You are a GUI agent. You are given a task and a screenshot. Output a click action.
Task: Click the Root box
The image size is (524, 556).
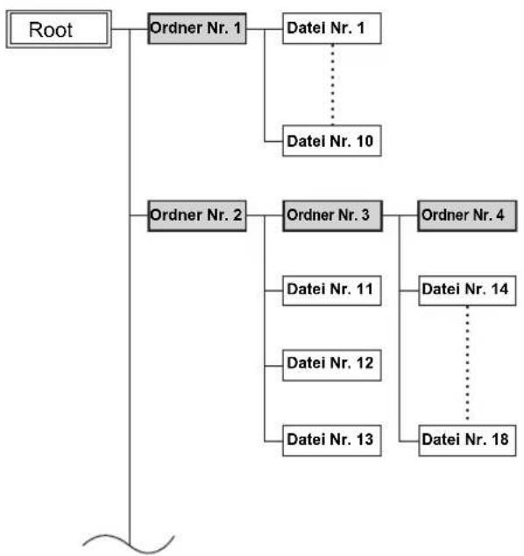59,29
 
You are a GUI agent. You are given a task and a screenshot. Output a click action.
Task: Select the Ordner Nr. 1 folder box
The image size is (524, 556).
197,28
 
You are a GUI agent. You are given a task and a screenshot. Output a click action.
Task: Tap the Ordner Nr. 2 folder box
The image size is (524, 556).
197,215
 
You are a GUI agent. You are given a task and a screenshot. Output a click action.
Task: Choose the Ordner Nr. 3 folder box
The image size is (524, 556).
332,215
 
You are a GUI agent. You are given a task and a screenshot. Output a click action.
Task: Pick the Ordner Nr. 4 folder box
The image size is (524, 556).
467,215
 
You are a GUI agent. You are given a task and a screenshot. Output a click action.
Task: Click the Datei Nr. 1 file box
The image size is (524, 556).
332,28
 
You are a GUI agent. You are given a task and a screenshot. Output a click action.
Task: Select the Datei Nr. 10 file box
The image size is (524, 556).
332,140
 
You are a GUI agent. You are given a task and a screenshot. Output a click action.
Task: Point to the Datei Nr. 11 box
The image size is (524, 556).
332,291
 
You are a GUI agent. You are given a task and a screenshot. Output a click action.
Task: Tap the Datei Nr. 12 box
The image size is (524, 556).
332,365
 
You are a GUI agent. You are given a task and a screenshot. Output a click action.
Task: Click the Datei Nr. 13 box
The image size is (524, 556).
332,440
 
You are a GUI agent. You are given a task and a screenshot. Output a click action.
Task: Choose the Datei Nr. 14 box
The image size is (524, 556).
467,291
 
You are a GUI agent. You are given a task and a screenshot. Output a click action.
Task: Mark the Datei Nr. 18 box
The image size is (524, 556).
467,440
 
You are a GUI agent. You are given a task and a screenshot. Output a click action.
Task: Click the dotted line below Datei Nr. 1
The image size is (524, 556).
332,84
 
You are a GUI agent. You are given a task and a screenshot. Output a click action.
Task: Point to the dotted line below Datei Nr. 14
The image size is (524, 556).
467,363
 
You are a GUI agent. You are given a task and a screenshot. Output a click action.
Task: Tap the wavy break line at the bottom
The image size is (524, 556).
129,545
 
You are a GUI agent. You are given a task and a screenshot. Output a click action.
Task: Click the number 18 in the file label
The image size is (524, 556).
499,440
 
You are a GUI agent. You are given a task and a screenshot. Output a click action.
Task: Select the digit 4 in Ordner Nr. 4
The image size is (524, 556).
499,215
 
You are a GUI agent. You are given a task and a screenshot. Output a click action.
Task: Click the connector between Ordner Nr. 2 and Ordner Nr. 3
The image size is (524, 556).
265,215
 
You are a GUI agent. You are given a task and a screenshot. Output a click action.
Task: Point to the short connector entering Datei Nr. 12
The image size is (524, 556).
273,366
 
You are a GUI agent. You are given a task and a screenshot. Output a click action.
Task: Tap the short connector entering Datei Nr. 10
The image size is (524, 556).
273,142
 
